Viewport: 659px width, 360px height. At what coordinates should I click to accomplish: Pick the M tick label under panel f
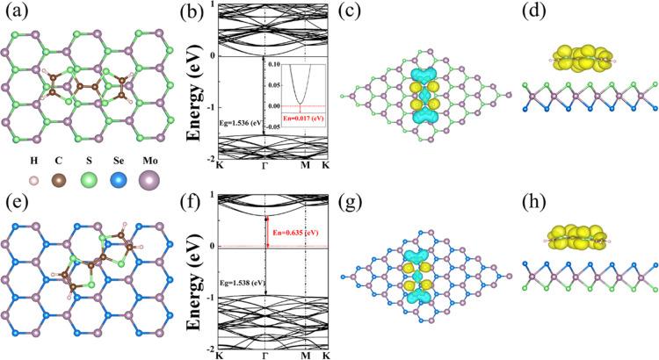click(305, 355)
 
